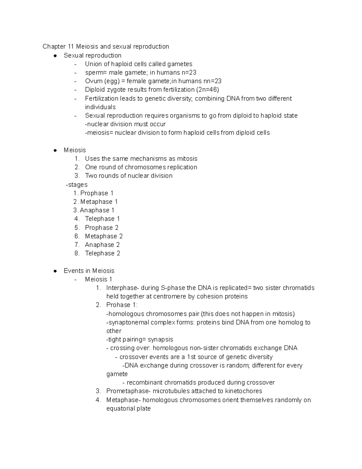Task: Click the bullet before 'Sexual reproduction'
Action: click(55, 56)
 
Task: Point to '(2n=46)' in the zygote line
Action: click(208, 90)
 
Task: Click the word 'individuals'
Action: click(100, 107)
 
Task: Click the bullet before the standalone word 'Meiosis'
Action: click(55, 150)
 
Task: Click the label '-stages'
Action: click(77, 185)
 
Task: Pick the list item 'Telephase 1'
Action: click(102, 219)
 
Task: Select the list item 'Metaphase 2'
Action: click(104, 236)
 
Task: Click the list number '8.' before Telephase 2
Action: click(77, 253)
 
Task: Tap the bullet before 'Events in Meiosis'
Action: click(55, 271)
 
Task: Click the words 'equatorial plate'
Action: click(129, 409)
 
